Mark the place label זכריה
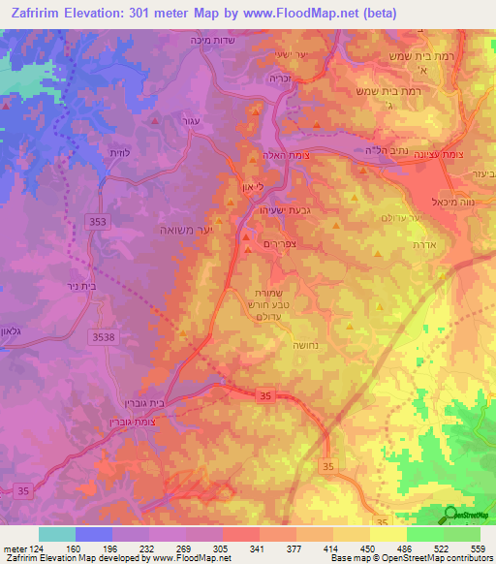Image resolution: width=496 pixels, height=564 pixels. pyautogui.click(x=282, y=83)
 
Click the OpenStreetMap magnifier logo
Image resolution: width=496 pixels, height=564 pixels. pyautogui.click(x=451, y=515)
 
